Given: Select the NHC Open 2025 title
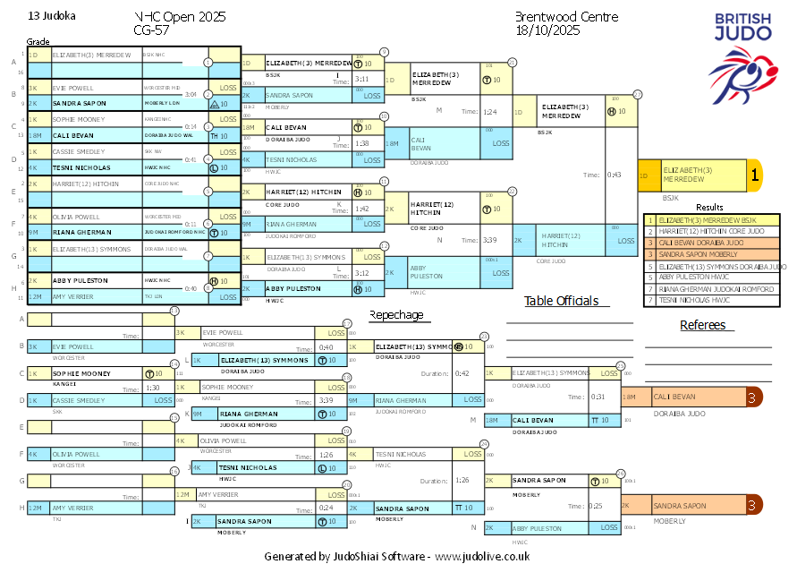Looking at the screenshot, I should [x=179, y=17].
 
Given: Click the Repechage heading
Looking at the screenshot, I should [x=396, y=315].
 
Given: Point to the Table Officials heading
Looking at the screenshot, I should [x=561, y=301].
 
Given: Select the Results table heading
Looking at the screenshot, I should [x=708, y=207].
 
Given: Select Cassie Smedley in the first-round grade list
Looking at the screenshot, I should [x=79, y=152].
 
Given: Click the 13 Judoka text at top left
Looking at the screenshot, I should [x=52, y=16].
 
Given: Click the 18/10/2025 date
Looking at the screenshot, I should [x=548, y=30].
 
